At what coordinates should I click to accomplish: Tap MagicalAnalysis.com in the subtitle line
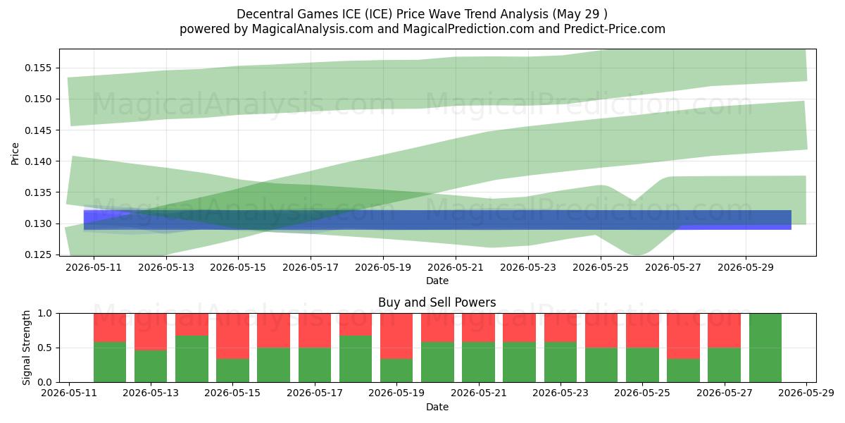pyautogui.click(x=313, y=29)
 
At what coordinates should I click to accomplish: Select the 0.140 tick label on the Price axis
pyautogui.click(x=37, y=161)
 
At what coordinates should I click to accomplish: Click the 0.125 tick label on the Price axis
pyautogui.click(x=37, y=255)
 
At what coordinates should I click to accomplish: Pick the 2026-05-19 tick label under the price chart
pyautogui.click(x=383, y=268)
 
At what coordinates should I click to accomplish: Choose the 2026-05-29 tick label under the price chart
pyautogui.click(x=746, y=268)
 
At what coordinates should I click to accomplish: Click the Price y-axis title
pyautogui.click(x=15, y=154)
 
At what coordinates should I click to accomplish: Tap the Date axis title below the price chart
pyautogui.click(x=437, y=281)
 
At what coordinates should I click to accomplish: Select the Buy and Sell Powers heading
pyautogui.click(x=437, y=302)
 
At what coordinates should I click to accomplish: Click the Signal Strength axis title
pyautogui.click(x=27, y=348)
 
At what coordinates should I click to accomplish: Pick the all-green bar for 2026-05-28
pyautogui.click(x=765, y=348)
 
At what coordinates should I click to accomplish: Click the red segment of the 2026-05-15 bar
pyautogui.click(x=232, y=336)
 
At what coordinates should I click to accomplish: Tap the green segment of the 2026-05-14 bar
pyautogui.click(x=192, y=359)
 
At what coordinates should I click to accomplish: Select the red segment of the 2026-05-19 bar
pyautogui.click(x=396, y=336)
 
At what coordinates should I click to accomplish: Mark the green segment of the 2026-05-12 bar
pyautogui.click(x=110, y=362)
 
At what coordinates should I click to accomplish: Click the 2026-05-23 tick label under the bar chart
pyautogui.click(x=561, y=393)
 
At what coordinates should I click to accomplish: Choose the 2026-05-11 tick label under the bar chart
pyautogui.click(x=69, y=393)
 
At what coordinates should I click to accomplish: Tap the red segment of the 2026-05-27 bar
pyautogui.click(x=724, y=331)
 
